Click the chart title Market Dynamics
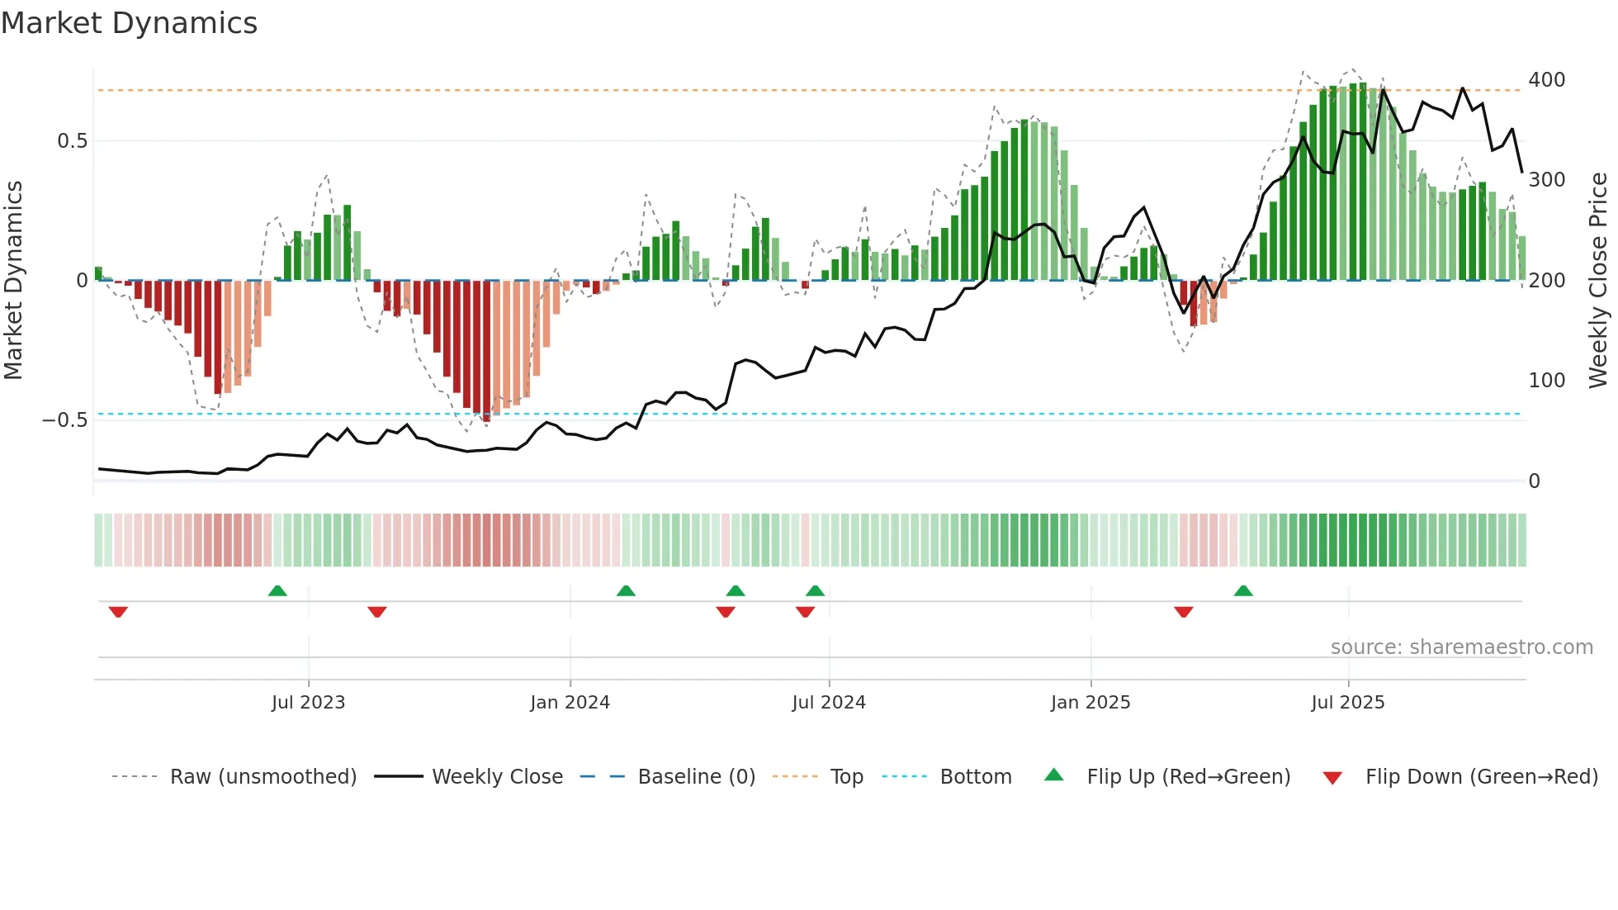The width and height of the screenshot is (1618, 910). coord(130,23)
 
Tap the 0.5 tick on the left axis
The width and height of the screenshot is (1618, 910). coord(73,141)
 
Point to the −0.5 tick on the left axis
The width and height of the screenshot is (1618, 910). coord(65,420)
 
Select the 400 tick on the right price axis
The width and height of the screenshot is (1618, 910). coord(1546,80)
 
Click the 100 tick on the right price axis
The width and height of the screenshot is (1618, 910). coord(1546,381)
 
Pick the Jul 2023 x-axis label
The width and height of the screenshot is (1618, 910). coord(308,703)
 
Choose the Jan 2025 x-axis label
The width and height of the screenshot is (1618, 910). coord(1090,703)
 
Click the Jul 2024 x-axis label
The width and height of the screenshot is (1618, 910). coord(828,703)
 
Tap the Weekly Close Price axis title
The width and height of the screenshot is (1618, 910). coord(1598,281)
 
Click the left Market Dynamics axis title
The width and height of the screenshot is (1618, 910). coord(13,281)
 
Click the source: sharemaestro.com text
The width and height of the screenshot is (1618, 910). coord(1461,647)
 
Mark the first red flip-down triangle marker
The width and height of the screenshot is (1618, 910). coord(118,612)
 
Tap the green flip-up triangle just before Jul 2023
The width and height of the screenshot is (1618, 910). coord(277,590)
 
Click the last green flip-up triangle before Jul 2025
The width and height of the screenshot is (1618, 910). coord(1243,590)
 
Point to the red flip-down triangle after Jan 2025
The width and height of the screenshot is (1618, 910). coord(1183,612)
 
